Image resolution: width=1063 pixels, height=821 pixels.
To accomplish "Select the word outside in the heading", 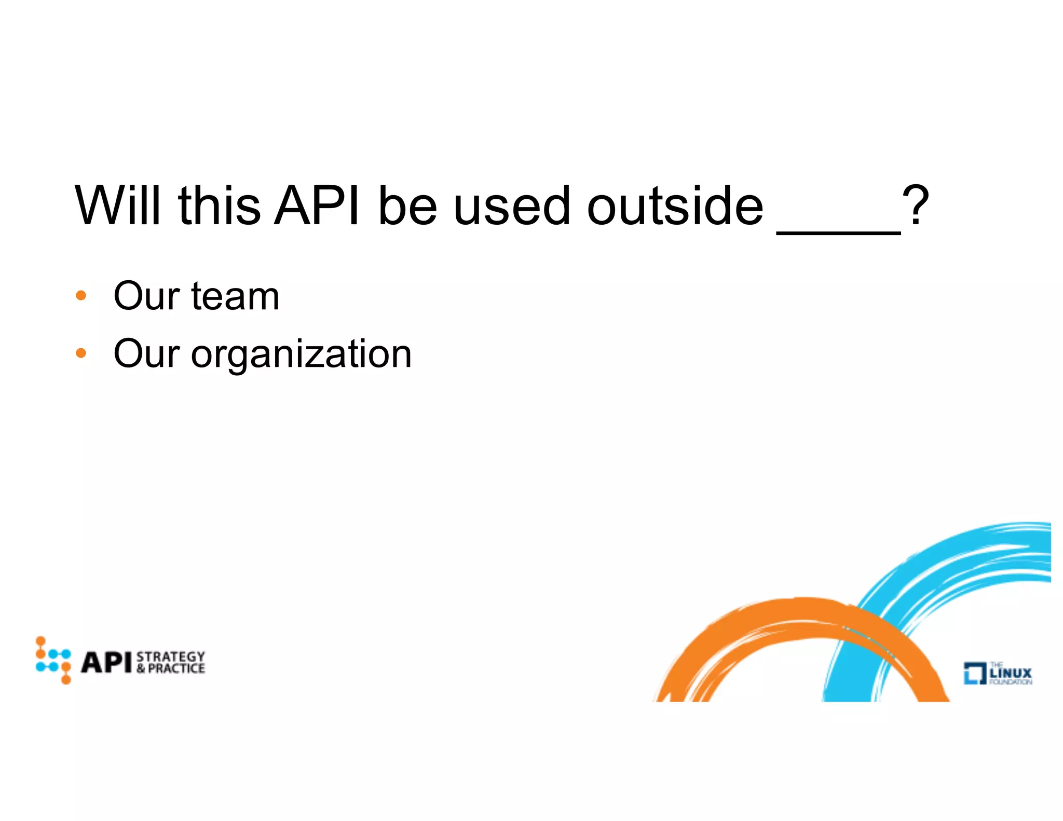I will click(675, 206).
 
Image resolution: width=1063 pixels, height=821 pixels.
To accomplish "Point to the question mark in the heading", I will click(915, 206).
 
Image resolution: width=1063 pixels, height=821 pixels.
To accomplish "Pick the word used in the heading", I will click(512, 206).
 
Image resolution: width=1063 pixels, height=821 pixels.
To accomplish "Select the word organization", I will click(301, 354).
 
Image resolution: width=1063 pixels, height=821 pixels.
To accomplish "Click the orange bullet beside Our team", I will click(80, 296).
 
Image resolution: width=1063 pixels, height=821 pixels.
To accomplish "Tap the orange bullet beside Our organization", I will click(80, 353).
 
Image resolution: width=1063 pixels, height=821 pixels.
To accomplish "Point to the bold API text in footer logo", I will click(106, 662).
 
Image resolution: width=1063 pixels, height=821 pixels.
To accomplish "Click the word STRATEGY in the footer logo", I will click(171, 656).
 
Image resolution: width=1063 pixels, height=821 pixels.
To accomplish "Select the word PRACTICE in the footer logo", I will click(176, 669).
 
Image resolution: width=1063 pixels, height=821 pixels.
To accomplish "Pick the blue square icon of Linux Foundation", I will click(974, 673).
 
